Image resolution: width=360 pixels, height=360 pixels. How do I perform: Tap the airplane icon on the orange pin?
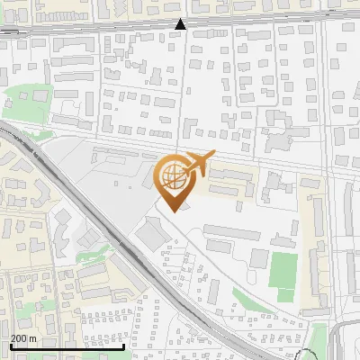197,165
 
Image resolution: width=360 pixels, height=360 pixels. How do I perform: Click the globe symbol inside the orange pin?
172,175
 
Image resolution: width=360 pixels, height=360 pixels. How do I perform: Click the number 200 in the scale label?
21,338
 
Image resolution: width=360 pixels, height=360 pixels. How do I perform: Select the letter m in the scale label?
33,338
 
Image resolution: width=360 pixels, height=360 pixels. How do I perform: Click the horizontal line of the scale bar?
67,346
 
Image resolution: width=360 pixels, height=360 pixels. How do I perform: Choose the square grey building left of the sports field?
258,259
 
